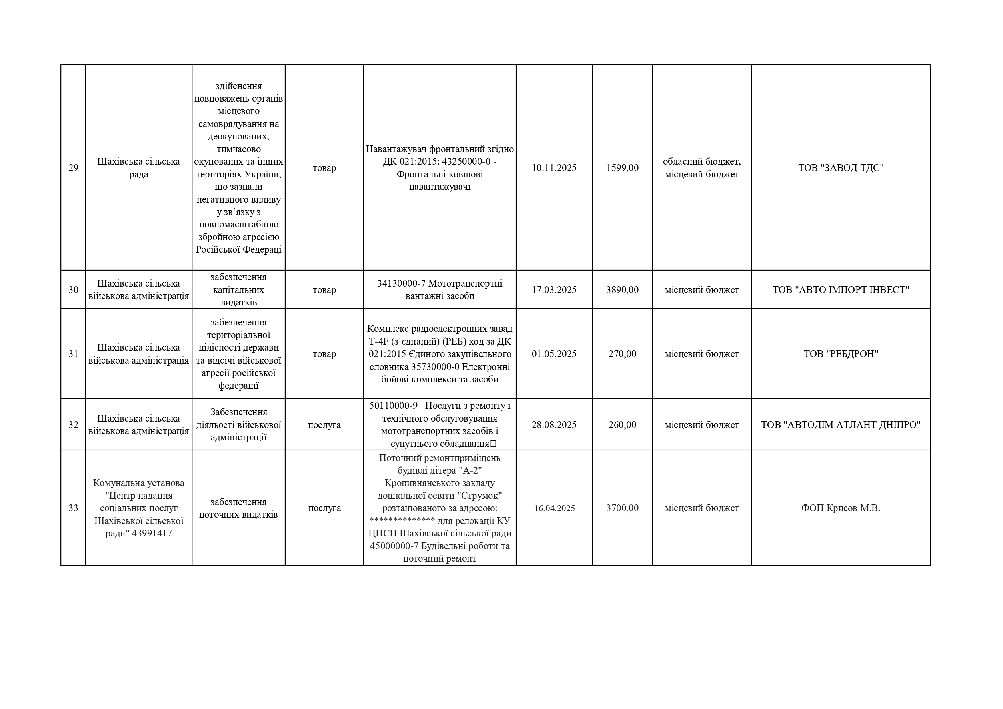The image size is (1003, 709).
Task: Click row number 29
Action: pos(73,168)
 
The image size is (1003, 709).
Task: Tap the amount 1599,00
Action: pos(622,168)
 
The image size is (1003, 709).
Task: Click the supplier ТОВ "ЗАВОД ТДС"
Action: pos(841,168)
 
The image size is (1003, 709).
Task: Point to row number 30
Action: pos(73,290)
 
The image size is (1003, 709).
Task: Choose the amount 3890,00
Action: pos(622,290)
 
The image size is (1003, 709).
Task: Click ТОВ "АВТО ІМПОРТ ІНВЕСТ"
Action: pos(841,290)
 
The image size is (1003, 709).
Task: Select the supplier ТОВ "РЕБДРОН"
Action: pos(841,354)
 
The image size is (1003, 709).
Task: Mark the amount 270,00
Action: pos(622,354)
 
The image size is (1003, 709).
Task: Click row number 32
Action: pos(73,425)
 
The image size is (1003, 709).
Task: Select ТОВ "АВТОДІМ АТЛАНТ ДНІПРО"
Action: pos(841,425)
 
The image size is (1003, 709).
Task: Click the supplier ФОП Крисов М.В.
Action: pos(841,508)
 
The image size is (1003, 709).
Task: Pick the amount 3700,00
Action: pos(622,508)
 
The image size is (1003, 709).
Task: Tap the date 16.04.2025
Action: pos(554,508)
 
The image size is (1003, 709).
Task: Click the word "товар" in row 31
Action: pos(324,354)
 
